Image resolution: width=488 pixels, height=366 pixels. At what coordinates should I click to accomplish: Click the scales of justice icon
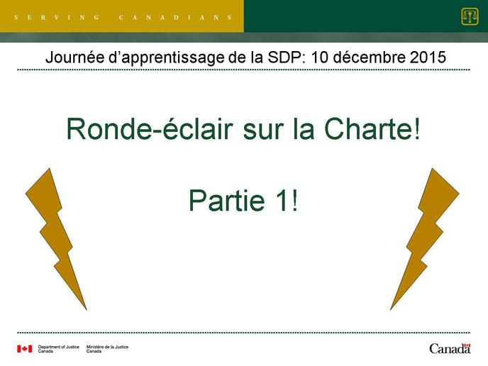click(470, 17)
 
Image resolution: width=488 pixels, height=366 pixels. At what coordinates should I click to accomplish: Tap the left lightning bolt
click(56, 236)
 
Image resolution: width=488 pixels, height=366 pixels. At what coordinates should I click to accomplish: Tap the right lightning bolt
click(425, 236)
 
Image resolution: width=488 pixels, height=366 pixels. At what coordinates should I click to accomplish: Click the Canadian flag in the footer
click(25, 348)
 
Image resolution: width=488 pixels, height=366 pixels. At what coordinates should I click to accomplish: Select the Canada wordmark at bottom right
click(450, 348)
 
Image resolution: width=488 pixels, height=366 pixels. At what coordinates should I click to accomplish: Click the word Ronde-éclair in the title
click(150, 128)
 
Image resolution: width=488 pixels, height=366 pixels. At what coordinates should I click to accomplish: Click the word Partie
click(226, 201)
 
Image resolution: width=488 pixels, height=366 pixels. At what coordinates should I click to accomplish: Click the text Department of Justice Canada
click(58, 349)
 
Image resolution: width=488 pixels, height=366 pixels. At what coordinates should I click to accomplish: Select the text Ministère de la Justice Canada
click(107, 349)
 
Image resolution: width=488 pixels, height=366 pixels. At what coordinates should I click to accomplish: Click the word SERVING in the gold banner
click(57, 18)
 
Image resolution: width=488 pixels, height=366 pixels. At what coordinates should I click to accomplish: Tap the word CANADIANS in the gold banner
click(175, 18)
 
